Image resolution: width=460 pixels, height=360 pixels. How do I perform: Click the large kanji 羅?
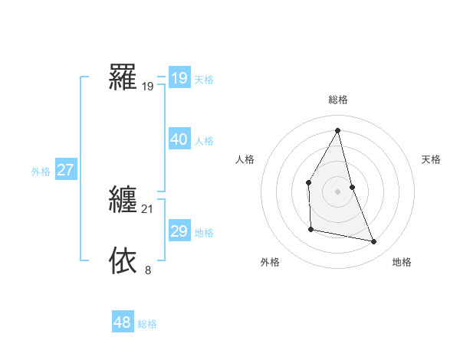click(123, 77)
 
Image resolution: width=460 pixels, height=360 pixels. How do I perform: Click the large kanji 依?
click(123, 260)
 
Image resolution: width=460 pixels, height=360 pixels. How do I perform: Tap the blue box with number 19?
click(179, 78)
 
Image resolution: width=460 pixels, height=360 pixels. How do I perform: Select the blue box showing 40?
click(179, 139)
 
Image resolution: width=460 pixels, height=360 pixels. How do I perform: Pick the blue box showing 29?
click(179, 231)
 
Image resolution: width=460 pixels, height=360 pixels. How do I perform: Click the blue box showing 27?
click(65, 170)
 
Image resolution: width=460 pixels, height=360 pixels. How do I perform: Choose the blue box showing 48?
click(122, 322)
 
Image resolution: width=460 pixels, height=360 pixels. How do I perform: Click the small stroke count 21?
click(148, 208)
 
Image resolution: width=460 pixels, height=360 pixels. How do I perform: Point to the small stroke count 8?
click(148, 270)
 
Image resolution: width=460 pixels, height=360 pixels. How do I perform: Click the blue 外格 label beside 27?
click(41, 172)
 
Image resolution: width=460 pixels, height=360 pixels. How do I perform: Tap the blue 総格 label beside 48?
click(147, 324)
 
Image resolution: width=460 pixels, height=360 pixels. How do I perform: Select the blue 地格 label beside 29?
click(204, 233)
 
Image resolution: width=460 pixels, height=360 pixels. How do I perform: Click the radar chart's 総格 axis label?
click(337, 100)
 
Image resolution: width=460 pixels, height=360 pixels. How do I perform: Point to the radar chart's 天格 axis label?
click(431, 159)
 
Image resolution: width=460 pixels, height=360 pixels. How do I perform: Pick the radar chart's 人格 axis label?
click(245, 159)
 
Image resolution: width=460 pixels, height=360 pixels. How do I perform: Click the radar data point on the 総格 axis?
click(337, 130)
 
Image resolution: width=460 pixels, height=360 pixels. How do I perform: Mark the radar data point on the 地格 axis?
click(374, 241)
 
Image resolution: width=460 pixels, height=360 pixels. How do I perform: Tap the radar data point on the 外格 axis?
click(310, 229)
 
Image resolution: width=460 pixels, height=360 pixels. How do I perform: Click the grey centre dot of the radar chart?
click(337, 191)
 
